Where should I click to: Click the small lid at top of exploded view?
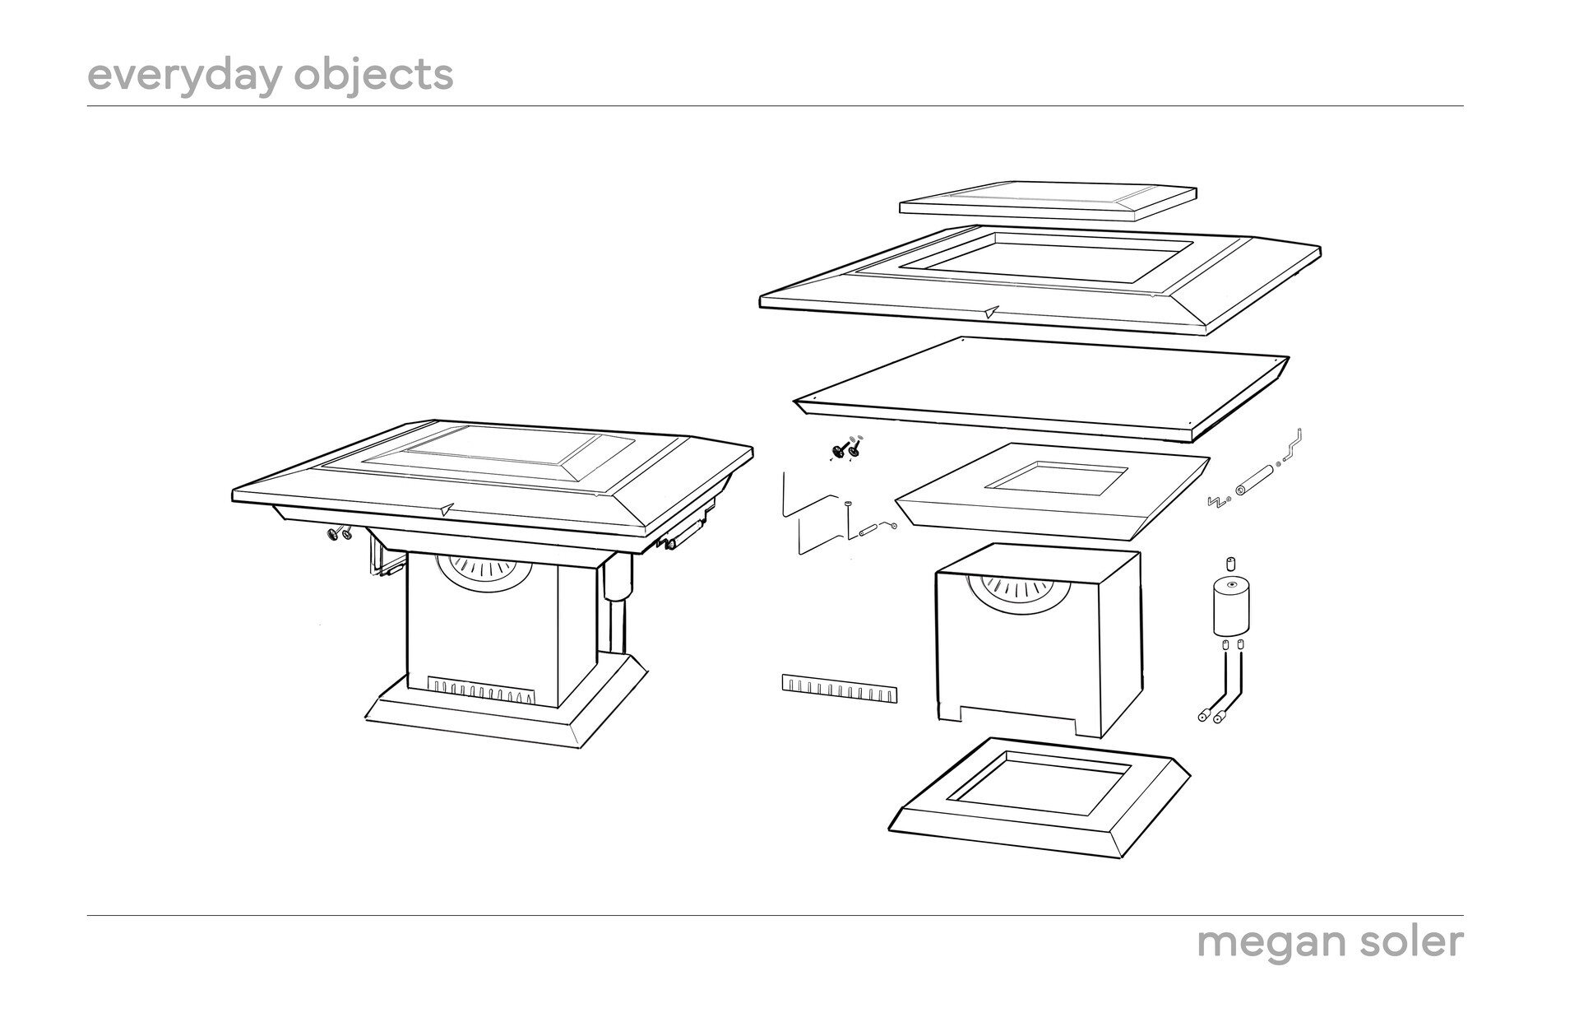click(x=1048, y=200)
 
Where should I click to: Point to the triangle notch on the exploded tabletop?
click(x=991, y=312)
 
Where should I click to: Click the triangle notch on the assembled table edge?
click(x=445, y=509)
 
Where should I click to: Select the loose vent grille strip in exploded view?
click(x=838, y=689)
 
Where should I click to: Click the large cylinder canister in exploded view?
click(x=1231, y=606)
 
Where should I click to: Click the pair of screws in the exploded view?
click(x=846, y=448)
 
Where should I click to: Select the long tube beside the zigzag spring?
click(x=1255, y=480)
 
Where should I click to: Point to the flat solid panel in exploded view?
click(x=1041, y=386)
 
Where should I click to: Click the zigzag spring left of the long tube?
click(x=1216, y=500)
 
